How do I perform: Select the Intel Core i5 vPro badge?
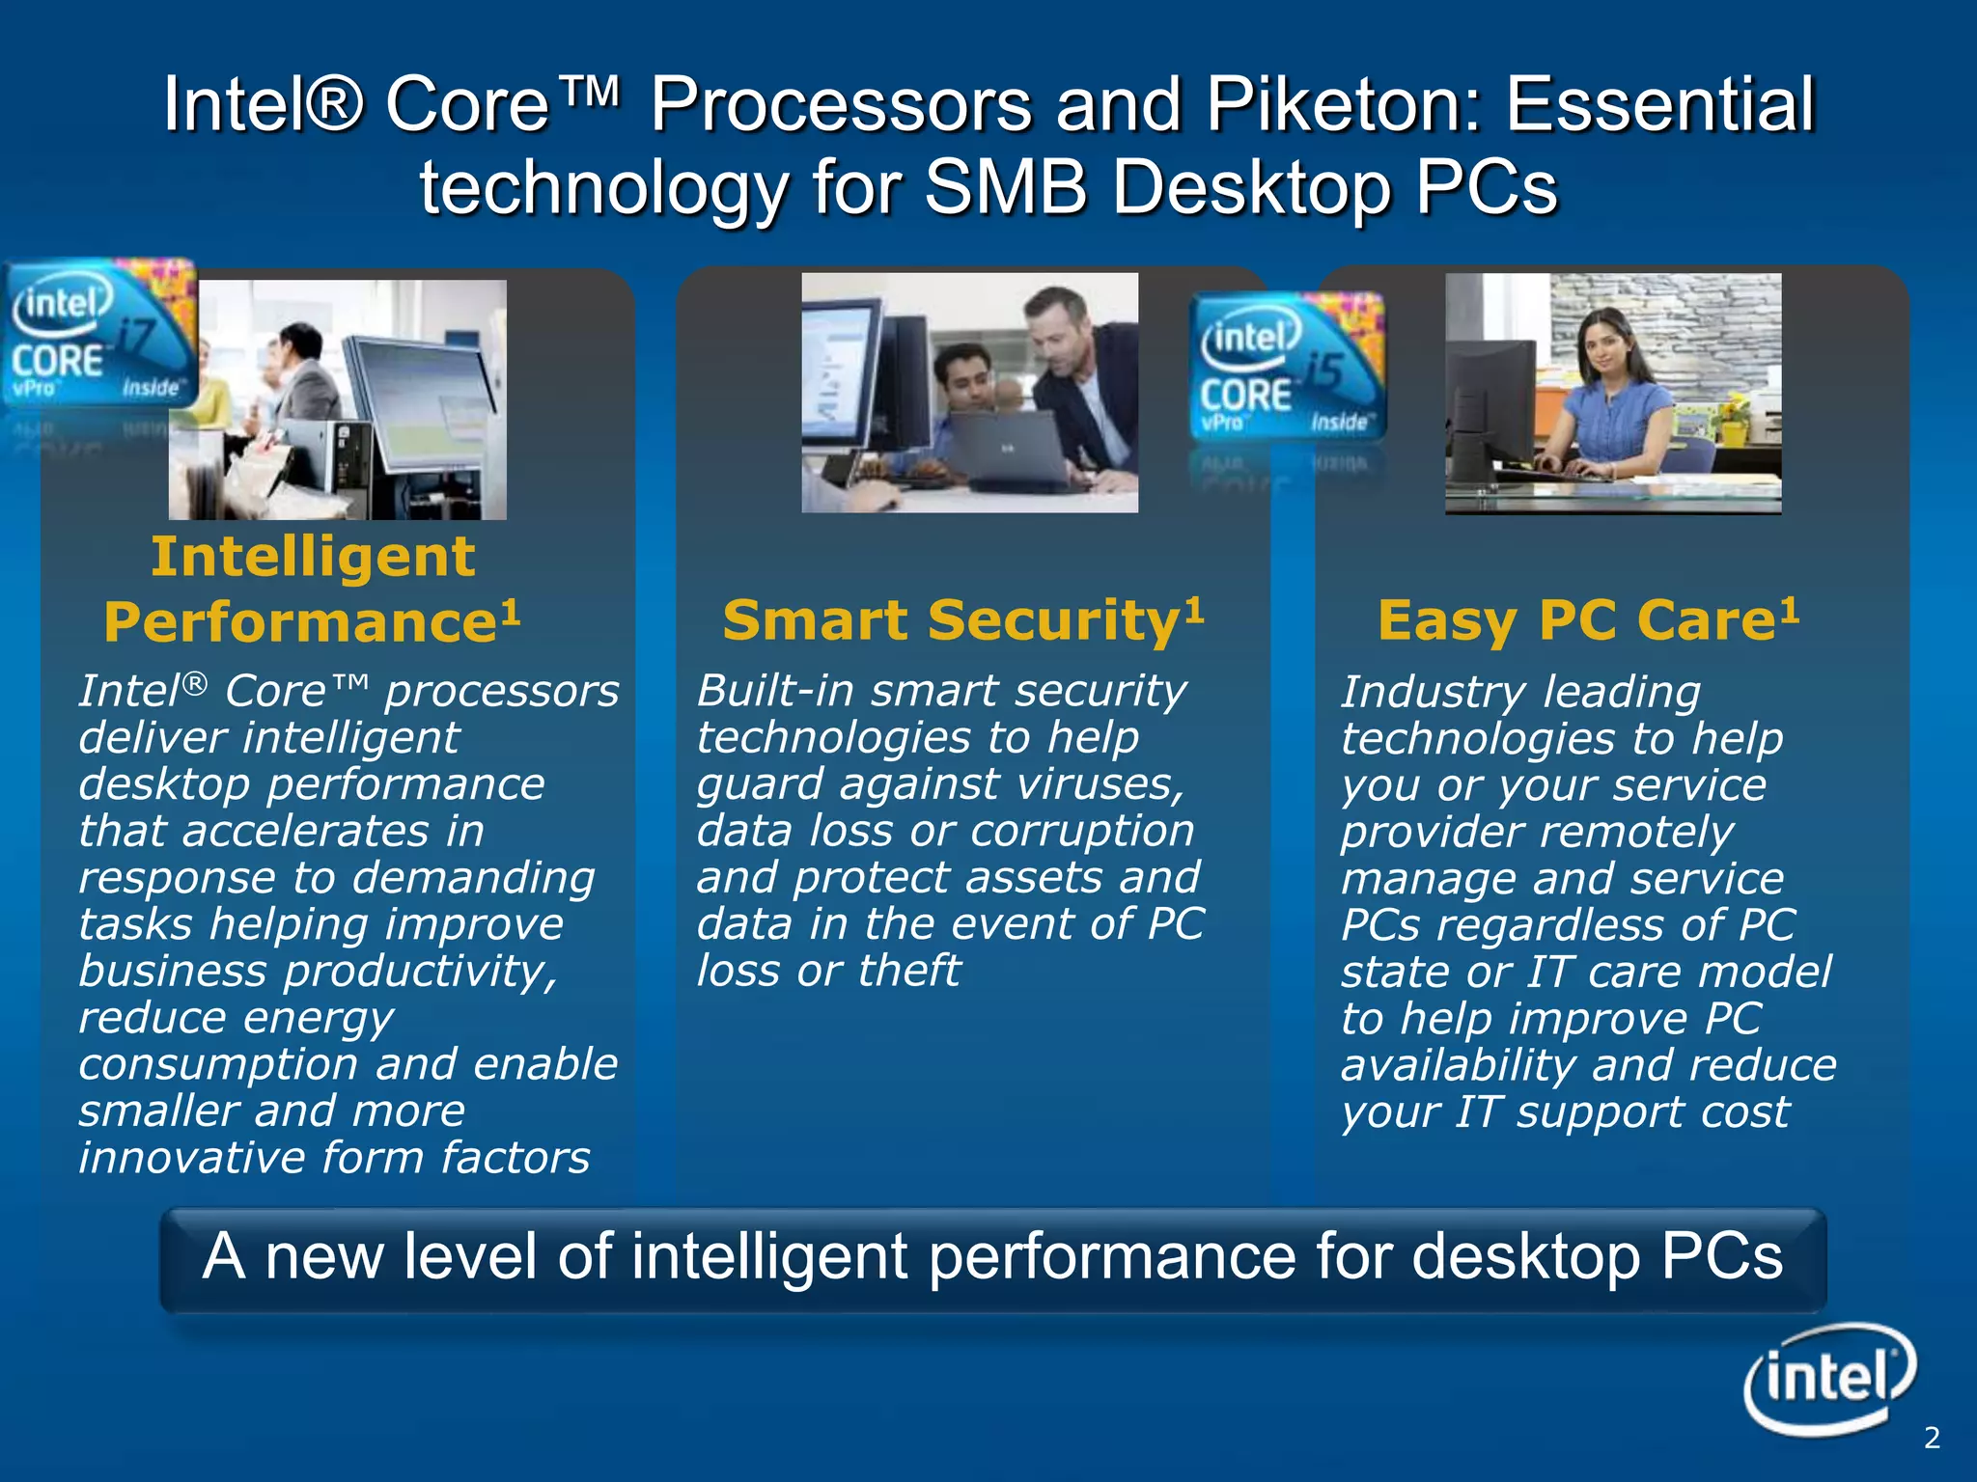(x=1288, y=368)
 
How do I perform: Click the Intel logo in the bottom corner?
(x=1829, y=1378)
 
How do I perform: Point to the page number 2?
(x=1931, y=1438)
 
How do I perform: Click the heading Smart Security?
(x=962, y=619)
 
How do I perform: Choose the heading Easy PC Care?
(x=1587, y=619)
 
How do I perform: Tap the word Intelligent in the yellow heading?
(x=313, y=557)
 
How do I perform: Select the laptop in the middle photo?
(x=1004, y=449)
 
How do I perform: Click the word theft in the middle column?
(x=909, y=971)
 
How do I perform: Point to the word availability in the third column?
(x=1458, y=1065)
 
